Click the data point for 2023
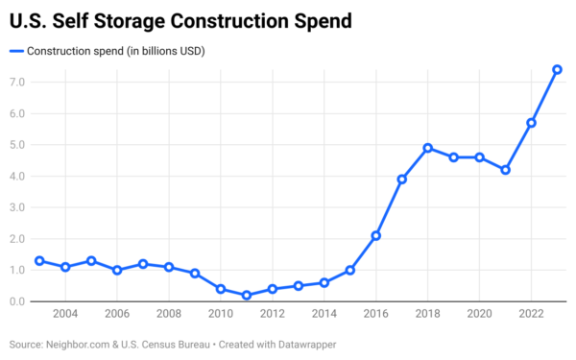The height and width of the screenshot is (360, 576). point(557,69)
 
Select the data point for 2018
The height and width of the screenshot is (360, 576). point(427,148)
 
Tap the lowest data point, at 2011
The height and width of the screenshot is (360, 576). point(247,296)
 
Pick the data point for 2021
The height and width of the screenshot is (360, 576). point(505,170)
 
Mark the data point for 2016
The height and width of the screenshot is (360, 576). point(376,235)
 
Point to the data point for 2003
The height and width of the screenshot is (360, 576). point(39,260)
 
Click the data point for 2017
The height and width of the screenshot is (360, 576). point(402,180)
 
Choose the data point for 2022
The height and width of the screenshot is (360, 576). point(531,123)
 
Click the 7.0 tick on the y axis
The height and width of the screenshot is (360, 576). point(16,83)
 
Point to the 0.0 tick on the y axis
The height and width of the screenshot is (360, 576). point(16,301)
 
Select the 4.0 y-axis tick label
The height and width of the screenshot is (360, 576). point(16,177)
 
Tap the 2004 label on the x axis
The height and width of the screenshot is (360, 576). point(65,315)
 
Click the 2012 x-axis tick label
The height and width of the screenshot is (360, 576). point(273,315)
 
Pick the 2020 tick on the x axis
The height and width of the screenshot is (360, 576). point(479,315)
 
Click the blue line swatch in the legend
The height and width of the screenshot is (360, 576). point(15,50)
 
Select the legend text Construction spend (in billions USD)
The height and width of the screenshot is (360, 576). point(115,50)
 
